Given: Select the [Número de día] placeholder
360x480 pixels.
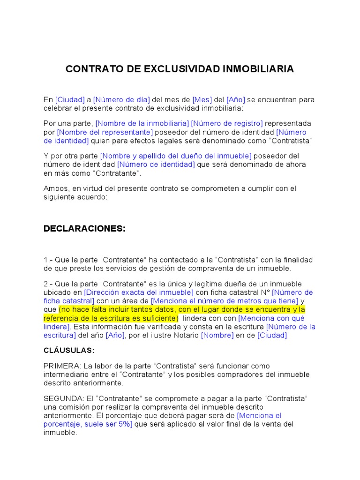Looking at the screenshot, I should pos(121,100).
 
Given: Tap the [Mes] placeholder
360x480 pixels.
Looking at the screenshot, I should pos(202,100).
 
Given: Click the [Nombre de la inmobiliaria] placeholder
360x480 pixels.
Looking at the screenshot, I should pos(142,123).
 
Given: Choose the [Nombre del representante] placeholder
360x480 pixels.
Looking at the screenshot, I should pos(105,132).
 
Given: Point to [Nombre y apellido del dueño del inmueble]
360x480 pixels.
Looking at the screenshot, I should pos(176,156).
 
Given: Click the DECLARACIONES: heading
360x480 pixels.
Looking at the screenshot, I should pos(84,229).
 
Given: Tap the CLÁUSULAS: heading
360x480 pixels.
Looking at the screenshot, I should pos(69,350).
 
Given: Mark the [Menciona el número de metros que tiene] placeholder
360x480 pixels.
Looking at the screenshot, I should pos(225,301).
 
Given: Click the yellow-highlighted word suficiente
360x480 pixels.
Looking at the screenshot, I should pos(158,318).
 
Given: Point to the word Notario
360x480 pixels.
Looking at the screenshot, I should pos(185,336).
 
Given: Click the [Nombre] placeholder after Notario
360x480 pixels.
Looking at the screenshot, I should pos(217,336).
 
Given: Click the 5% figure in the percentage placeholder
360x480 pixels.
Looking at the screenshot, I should pos(124,424).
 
